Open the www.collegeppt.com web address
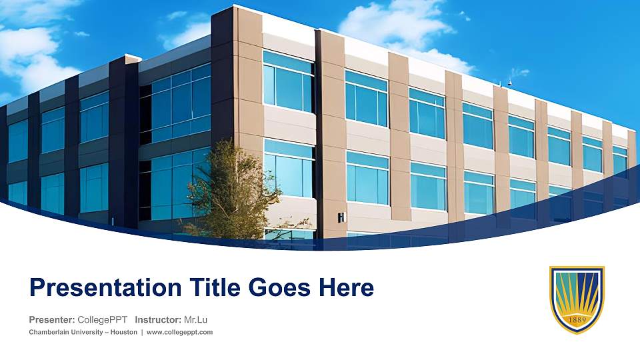tap(179, 332)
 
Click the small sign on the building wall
tap(341, 217)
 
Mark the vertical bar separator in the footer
tap(141, 332)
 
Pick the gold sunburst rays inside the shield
tap(577, 293)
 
